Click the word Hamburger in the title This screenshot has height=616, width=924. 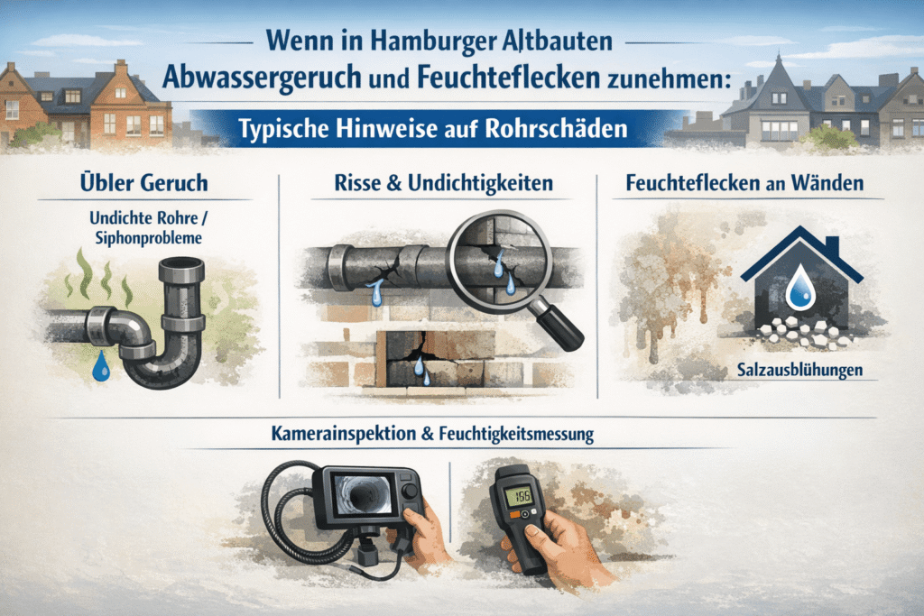[x=427, y=41]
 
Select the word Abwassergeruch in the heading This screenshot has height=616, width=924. [x=262, y=77]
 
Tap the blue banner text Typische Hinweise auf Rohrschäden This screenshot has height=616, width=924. [x=433, y=128]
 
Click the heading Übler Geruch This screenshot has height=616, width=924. [x=144, y=182]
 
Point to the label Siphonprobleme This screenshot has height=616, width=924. [x=149, y=238]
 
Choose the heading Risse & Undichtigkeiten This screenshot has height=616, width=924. [x=444, y=182]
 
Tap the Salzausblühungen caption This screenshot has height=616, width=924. [x=799, y=370]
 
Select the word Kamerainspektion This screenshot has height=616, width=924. [x=344, y=434]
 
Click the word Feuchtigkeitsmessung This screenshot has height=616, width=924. [x=516, y=435]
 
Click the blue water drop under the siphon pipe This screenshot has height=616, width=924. [x=101, y=365]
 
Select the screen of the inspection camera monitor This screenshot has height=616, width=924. [x=361, y=492]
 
